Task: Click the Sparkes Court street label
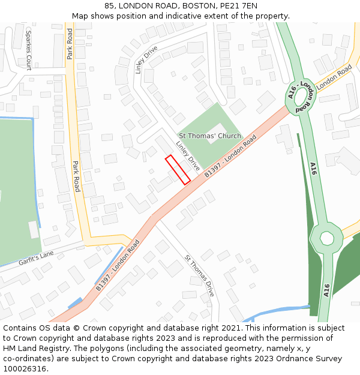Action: coord(28,48)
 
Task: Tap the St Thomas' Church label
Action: coord(209,136)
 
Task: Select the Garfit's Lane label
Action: coord(36,258)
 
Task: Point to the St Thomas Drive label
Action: coord(199,276)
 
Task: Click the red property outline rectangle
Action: coord(178,169)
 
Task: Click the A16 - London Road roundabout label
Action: coord(300,96)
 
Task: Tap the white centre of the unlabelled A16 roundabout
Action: coord(327,238)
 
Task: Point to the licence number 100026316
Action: coord(25,369)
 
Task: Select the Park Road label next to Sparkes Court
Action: coord(70,43)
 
